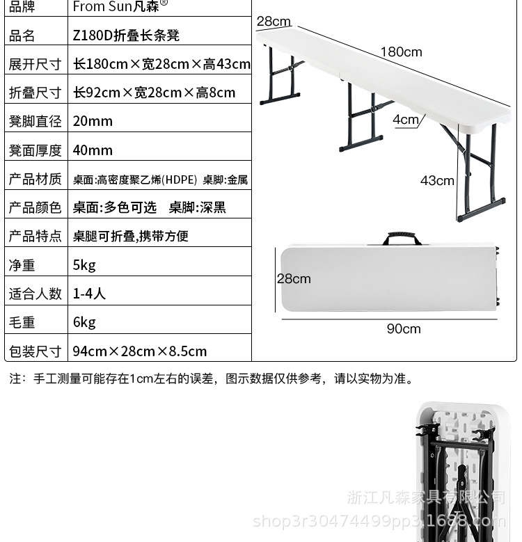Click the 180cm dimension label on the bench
click(401, 52)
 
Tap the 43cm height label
click(437, 181)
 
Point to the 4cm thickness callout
click(406, 120)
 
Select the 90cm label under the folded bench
click(404, 329)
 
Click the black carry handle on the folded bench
click(402, 238)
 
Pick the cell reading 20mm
click(93, 121)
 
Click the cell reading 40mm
click(93, 150)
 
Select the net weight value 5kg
click(84, 265)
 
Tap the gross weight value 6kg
click(84, 322)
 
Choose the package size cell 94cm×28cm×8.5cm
click(140, 351)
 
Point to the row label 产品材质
click(35, 180)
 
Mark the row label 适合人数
click(35, 294)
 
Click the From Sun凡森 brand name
click(120, 7)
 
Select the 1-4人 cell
click(89, 294)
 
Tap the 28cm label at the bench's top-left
click(274, 22)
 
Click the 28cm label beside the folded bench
click(294, 279)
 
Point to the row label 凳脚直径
click(35, 121)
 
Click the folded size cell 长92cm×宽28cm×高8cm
click(155, 93)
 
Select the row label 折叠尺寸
click(35, 93)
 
